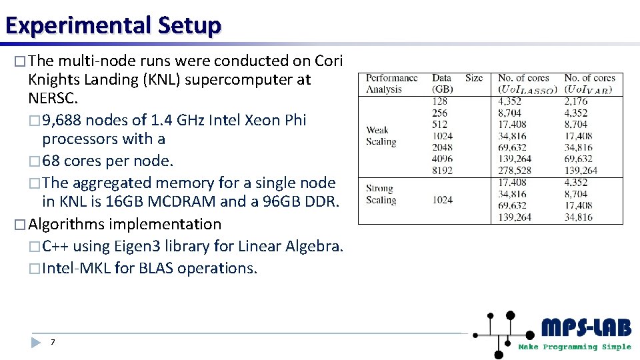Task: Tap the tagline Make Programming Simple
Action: point(575,347)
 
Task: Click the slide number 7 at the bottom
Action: point(53,342)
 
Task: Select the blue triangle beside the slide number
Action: point(36,342)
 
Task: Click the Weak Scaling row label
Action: point(381,135)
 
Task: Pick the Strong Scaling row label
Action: point(381,194)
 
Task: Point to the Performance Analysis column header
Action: point(392,83)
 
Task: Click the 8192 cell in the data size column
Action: point(442,170)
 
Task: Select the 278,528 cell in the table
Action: point(515,170)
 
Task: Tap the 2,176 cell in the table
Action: point(576,101)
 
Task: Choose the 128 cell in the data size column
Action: point(440,101)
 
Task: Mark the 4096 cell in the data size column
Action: point(442,159)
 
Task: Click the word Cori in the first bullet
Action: point(329,61)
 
